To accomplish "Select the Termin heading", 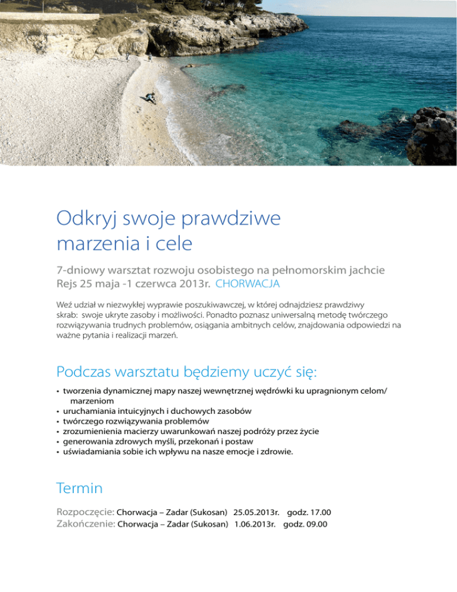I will click(79, 488).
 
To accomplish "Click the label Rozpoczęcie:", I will click(85, 512).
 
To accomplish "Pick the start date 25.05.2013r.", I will click(256, 512).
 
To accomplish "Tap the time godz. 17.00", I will click(309, 512).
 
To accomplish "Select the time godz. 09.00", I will click(305, 525).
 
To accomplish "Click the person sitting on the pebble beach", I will click(150, 98).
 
